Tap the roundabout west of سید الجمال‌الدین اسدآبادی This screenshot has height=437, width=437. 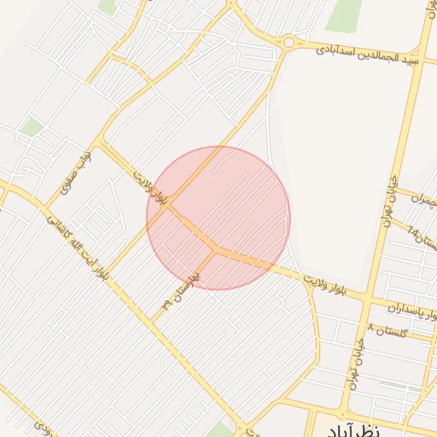pos(288,42)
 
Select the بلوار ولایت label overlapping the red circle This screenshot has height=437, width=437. pos(152,189)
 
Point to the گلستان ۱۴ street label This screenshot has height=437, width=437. pos(423,234)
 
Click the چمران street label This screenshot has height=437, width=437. pos(422,200)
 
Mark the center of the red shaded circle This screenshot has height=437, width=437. pos(218,218)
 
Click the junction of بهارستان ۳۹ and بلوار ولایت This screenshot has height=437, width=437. pos(214,249)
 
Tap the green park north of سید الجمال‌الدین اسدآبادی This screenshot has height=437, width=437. pos(344,15)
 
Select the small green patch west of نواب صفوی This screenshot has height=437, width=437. pos(32,127)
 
